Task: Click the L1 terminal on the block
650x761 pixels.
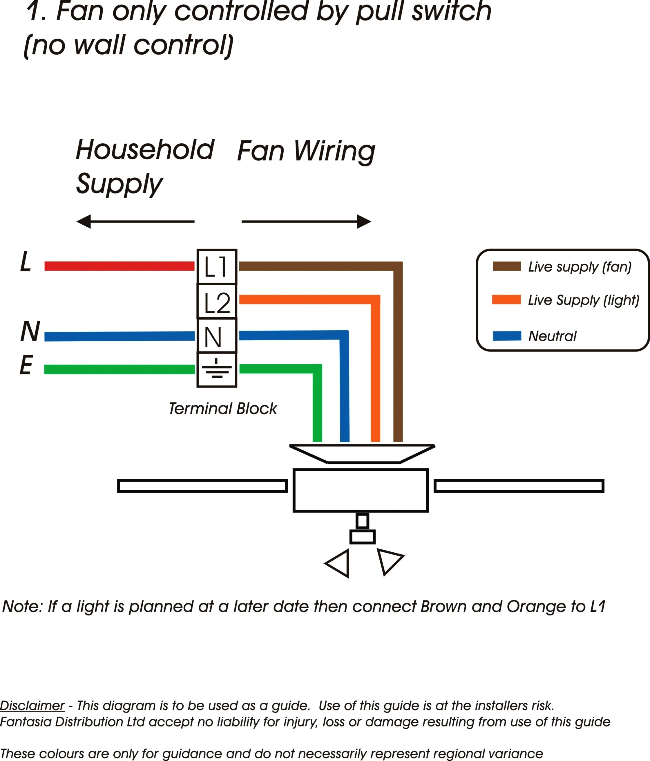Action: coord(217,267)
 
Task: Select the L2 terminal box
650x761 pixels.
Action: coord(217,302)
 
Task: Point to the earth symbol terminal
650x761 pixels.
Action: coord(217,369)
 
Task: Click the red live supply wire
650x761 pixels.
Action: coord(119,266)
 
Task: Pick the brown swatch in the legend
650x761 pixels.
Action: coord(506,266)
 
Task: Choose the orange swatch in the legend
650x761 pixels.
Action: coord(506,300)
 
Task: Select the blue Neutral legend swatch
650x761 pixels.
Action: coord(506,336)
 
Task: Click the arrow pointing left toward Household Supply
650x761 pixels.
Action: coord(135,221)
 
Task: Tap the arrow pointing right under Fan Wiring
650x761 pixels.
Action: coord(307,221)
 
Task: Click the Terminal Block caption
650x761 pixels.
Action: coord(223,408)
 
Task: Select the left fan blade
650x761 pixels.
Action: coord(202,486)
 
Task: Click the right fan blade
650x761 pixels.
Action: coord(519,486)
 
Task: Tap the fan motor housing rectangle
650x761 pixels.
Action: coord(361,490)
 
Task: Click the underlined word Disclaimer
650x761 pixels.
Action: coord(32,706)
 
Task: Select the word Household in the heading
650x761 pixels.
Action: coord(145,150)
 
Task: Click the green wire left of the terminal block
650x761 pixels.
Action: coord(119,369)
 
